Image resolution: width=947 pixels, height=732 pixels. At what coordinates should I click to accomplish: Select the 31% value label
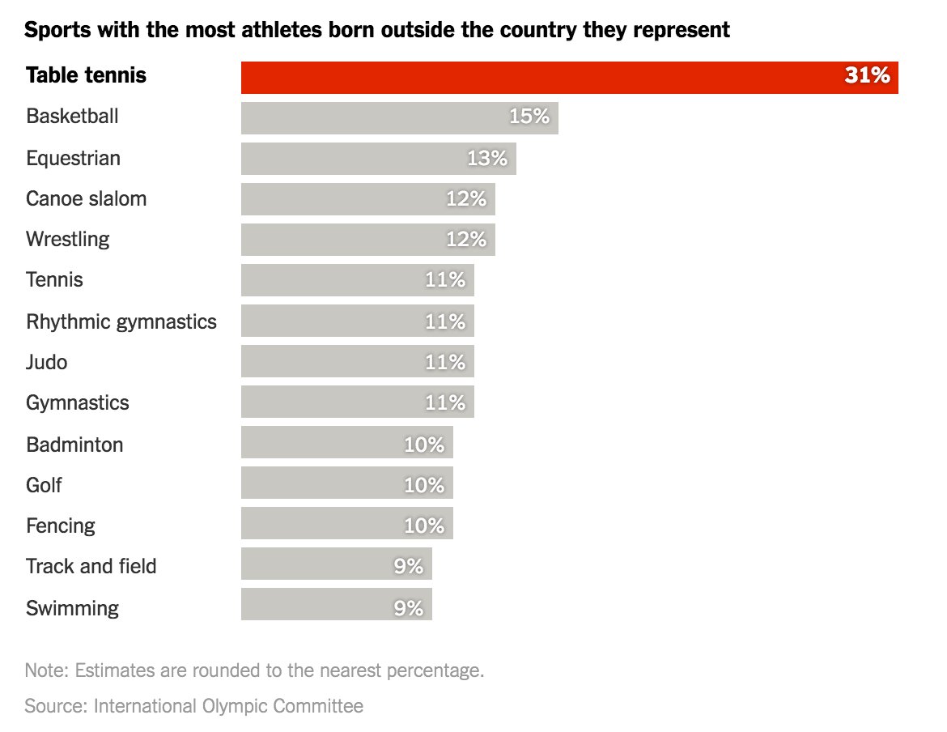pyautogui.click(x=867, y=76)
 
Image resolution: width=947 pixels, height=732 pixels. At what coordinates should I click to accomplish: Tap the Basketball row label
pyautogui.click(x=72, y=117)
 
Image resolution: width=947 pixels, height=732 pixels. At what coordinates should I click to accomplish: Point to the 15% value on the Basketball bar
pyautogui.click(x=529, y=117)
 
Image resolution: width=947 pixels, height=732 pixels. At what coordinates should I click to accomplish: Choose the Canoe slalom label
pyautogui.click(x=86, y=198)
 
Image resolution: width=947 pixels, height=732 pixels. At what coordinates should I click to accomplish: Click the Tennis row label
pyautogui.click(x=54, y=280)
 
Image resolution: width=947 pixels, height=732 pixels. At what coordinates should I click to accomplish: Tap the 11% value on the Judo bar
pyautogui.click(x=445, y=362)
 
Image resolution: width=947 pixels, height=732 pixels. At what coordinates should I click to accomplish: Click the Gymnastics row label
pyautogui.click(x=77, y=402)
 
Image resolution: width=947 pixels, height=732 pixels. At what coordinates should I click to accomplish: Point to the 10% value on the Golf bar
pyautogui.click(x=424, y=485)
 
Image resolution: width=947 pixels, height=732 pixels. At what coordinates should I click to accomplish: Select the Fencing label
pyautogui.click(x=60, y=526)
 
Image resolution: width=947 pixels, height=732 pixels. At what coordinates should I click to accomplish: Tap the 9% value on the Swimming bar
pyautogui.click(x=409, y=607)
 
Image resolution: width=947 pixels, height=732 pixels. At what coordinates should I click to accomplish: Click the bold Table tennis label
pyautogui.click(x=86, y=76)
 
